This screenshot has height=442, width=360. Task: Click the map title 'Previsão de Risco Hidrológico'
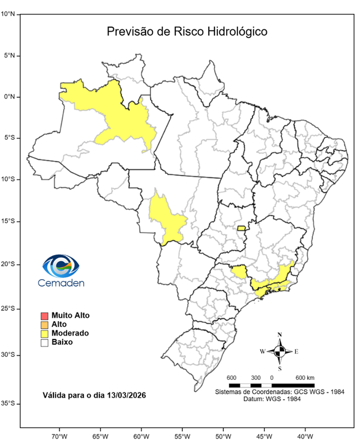tap(187, 32)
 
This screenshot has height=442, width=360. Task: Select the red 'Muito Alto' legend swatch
tap(44, 315)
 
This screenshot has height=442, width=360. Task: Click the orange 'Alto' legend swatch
tap(44, 324)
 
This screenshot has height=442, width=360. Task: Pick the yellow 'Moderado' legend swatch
tap(44, 333)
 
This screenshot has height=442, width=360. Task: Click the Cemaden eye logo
tap(60, 266)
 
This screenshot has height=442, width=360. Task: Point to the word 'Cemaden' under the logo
tap(61, 283)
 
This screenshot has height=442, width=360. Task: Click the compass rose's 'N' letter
tap(279, 334)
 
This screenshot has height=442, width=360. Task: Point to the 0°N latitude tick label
tap(9, 97)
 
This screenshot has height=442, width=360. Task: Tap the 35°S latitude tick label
tap(9, 403)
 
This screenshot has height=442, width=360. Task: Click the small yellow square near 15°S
tap(242, 228)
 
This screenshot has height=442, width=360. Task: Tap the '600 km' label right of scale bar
tap(305, 377)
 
